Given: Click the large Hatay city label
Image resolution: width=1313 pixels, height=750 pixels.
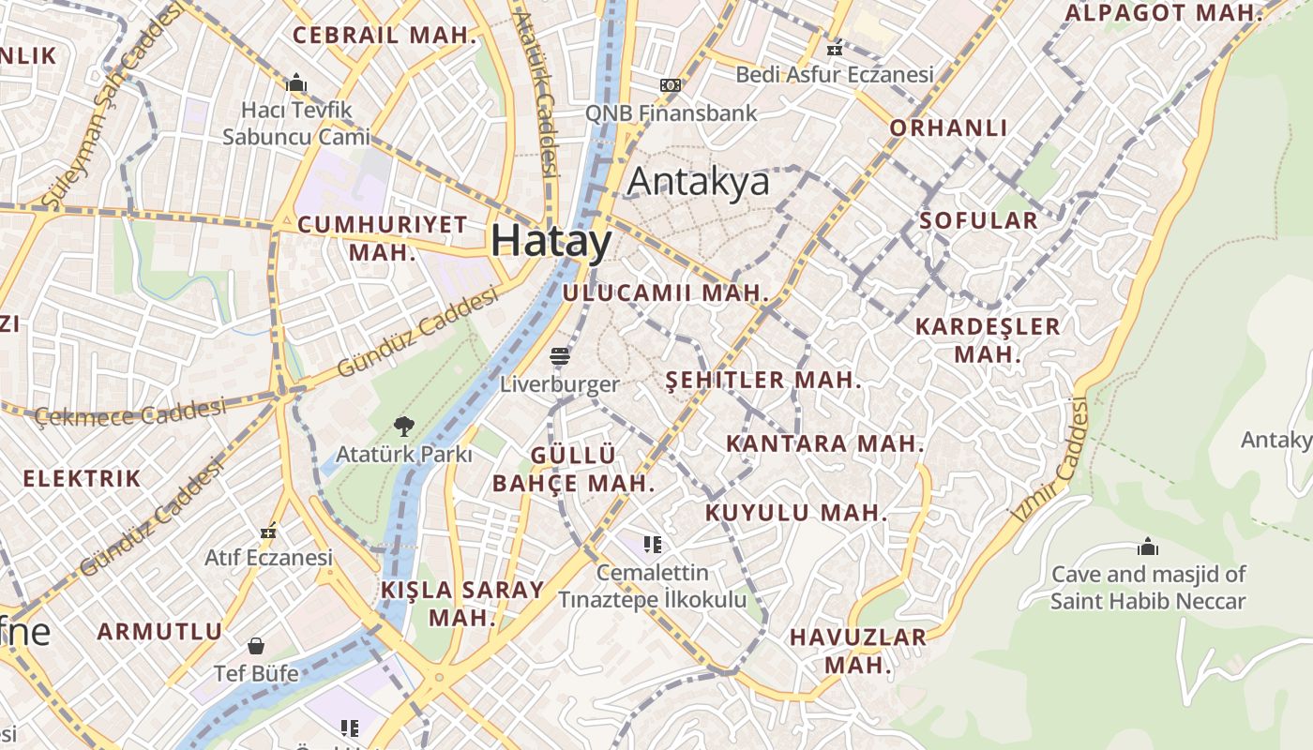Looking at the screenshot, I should click(551, 241).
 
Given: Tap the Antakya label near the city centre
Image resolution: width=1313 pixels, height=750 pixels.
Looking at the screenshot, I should click(698, 182).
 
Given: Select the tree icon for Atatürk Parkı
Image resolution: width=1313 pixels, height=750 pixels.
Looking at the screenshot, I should click(404, 427).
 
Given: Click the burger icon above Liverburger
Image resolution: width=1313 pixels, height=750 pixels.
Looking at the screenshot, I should click(560, 357).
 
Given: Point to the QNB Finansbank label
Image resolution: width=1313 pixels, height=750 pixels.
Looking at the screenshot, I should click(671, 112).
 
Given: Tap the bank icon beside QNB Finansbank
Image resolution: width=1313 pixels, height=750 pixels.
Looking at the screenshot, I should click(670, 85).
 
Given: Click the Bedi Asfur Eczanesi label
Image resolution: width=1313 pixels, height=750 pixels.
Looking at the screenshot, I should click(835, 74).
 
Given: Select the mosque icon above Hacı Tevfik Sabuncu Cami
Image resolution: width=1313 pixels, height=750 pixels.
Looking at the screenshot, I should click(296, 83).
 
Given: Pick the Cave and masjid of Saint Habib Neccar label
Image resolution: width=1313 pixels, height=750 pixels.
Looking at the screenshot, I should click(1148, 587).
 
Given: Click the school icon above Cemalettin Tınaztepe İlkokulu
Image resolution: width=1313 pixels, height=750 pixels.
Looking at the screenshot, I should click(653, 545).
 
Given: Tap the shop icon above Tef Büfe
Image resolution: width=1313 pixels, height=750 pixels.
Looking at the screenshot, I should click(256, 646).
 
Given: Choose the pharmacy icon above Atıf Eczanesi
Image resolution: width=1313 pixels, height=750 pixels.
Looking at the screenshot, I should click(269, 532).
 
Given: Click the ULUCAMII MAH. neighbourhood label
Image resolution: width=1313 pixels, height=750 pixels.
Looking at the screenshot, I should click(666, 292).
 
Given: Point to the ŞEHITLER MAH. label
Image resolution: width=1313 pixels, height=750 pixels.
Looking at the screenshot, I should click(762, 380).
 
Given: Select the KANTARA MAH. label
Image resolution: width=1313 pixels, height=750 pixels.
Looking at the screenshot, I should click(825, 442).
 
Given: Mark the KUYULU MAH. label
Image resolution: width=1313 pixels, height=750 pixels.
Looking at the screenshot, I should click(795, 513).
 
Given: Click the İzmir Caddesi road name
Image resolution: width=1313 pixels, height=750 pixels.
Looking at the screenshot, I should click(1051, 459).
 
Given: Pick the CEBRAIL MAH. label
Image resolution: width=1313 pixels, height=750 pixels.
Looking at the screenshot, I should click(385, 36).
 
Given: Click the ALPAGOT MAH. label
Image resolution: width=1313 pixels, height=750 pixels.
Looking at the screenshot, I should click(1164, 13).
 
